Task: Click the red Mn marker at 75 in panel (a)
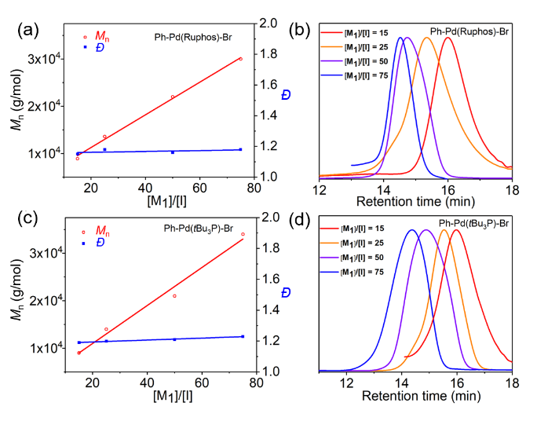240,59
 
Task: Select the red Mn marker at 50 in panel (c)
174,296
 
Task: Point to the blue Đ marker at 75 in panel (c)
243,336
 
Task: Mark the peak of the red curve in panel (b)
448,38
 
